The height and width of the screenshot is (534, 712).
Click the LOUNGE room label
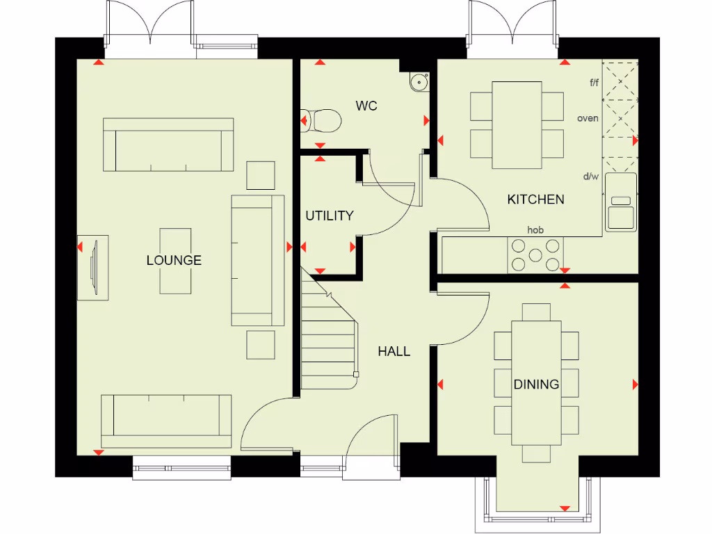point(174,260)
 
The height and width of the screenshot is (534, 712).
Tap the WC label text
point(366,106)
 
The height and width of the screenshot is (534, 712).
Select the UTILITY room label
point(330,216)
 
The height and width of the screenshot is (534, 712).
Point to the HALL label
point(394,351)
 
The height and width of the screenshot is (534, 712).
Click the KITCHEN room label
point(535,200)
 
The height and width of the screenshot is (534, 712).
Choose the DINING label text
point(536,385)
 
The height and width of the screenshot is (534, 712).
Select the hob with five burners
point(535,254)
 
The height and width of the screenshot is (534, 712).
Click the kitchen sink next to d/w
point(620,202)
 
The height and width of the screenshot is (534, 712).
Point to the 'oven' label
point(588,118)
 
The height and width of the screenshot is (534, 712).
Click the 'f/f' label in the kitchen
point(594,83)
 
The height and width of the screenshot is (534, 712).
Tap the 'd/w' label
point(590,177)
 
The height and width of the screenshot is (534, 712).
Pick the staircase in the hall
point(328,334)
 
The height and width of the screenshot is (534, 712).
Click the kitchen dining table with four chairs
point(517,124)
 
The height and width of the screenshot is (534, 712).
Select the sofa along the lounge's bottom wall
point(166,421)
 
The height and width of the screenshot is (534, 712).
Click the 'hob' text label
point(535,229)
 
